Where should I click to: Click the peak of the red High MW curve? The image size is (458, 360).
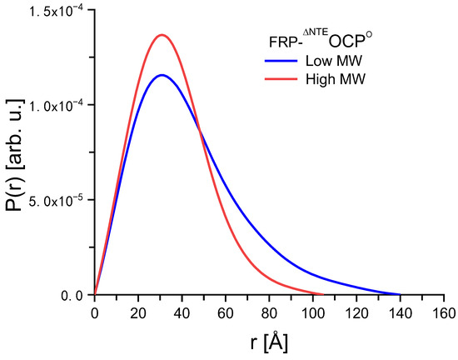[162, 35]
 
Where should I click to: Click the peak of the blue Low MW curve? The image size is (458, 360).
[162, 75]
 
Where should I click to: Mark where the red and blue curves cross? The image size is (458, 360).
[201, 127]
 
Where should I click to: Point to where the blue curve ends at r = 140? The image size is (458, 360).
[400, 294]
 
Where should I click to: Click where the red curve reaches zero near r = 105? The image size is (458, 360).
[323, 294]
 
